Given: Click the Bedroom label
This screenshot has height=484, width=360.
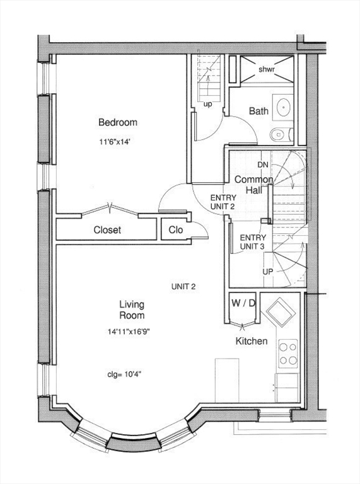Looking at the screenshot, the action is coord(118,122).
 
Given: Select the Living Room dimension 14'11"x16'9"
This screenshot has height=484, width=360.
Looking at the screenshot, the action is coord(129,332).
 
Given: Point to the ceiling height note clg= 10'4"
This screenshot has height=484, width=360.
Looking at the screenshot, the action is coord(124,374).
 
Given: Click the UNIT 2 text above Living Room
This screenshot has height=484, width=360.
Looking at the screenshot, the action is coord(183,287).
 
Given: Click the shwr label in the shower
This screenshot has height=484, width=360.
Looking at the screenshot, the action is coord(267,69).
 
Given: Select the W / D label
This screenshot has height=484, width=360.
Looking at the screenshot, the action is coord(243,303).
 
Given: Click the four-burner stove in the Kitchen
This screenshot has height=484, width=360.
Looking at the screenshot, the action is coord(287,354).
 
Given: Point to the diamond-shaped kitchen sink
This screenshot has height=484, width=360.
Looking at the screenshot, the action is coord(281,313).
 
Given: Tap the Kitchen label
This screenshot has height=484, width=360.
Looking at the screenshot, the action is coord(252,341).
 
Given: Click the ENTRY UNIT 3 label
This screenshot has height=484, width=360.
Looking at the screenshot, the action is coord(253,242).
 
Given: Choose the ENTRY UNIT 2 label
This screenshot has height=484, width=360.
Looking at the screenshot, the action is coord(223,202).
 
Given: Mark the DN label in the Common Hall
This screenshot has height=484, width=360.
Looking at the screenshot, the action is coord(263,165).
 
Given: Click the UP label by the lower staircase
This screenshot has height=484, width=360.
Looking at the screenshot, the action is coord(268,272).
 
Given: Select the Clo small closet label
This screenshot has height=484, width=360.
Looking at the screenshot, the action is coord(176,229).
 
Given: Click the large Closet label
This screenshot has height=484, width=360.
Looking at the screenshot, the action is coord(107,229).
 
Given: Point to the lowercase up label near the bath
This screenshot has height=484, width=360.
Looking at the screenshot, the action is coord(208,105).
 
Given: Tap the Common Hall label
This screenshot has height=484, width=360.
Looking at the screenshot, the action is coord(254,185).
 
